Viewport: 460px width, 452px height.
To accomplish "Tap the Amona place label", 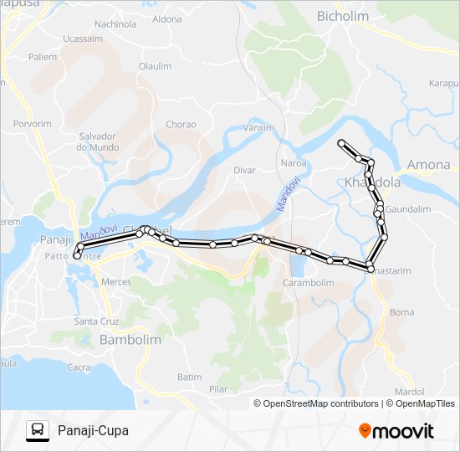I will tap(428, 165).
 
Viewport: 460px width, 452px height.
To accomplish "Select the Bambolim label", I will tap(130, 341).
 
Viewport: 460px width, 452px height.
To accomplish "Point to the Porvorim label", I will tap(33, 124).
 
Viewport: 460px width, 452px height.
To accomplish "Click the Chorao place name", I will tap(181, 125).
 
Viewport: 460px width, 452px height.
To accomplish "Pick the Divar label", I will tap(244, 170).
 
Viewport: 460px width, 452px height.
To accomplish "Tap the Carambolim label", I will tap(309, 283).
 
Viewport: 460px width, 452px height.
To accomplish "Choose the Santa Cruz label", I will tap(97, 321).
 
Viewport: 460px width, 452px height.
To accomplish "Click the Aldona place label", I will tap(167, 18).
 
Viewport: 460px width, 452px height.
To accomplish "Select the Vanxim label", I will tap(258, 128).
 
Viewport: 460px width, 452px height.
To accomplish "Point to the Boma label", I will tap(401, 312).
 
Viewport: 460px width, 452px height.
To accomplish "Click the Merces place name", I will tap(116, 282).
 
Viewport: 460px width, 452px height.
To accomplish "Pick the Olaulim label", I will tap(155, 66).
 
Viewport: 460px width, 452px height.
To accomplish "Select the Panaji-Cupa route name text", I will tap(95, 431).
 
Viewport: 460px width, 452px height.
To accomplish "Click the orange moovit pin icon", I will tap(365, 431).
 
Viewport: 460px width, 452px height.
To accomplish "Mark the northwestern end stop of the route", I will tap(341, 143).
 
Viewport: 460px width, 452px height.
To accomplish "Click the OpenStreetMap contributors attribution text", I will tap(320, 403).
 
